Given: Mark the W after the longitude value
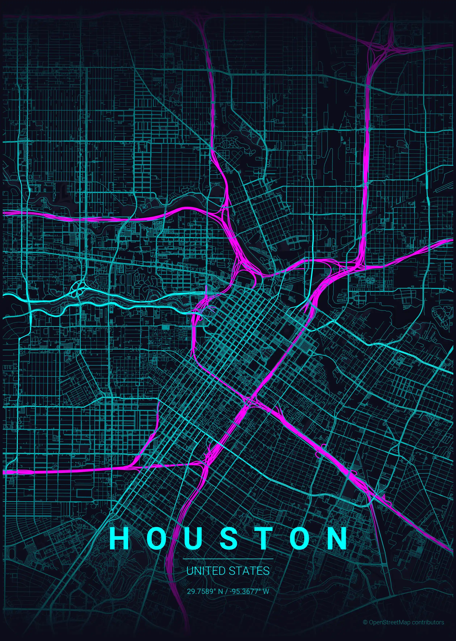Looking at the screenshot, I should coord(266,591).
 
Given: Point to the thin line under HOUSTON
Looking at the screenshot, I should coord(228,559).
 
